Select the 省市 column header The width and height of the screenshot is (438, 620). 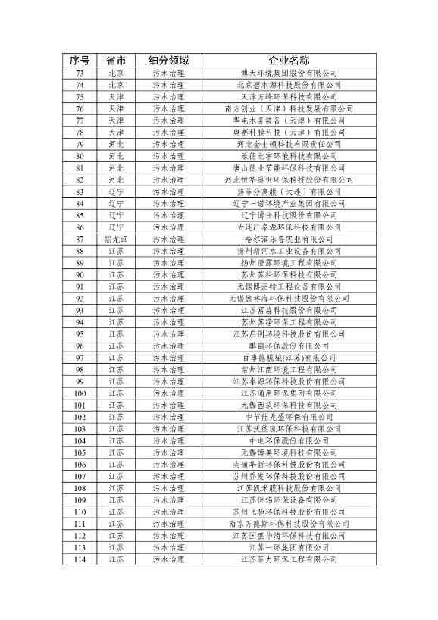(x=116, y=61)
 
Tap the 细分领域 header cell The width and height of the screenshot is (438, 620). (x=168, y=61)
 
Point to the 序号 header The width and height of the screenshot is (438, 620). (x=80, y=61)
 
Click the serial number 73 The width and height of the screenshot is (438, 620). (x=80, y=73)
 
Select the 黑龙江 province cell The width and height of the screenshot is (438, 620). (x=116, y=239)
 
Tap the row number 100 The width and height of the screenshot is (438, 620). (x=80, y=393)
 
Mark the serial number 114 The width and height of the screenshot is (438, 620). (x=80, y=559)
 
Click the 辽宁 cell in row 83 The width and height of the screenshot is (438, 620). (x=116, y=192)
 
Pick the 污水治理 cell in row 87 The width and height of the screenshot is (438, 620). (x=168, y=239)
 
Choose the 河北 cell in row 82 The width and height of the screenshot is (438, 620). (x=116, y=180)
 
